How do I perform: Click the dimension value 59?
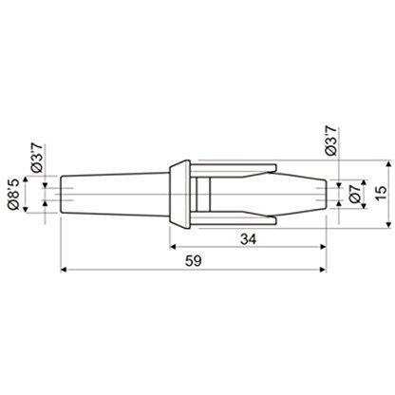pyautogui.click(x=194, y=261)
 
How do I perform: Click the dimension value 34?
pyautogui.click(x=249, y=239)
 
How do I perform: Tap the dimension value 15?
pyautogui.click(x=382, y=193)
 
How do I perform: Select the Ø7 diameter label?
pyautogui.click(x=355, y=194)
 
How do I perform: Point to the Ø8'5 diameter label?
pyautogui.click(x=14, y=194)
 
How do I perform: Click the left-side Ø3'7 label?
pyautogui.click(x=36, y=158)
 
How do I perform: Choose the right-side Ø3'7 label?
pyautogui.click(x=331, y=141)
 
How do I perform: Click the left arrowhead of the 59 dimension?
pyautogui.click(x=64, y=270)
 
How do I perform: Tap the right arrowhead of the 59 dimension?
pyautogui.click(x=323, y=270)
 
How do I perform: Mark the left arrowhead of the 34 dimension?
pyautogui.click(x=173, y=247)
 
